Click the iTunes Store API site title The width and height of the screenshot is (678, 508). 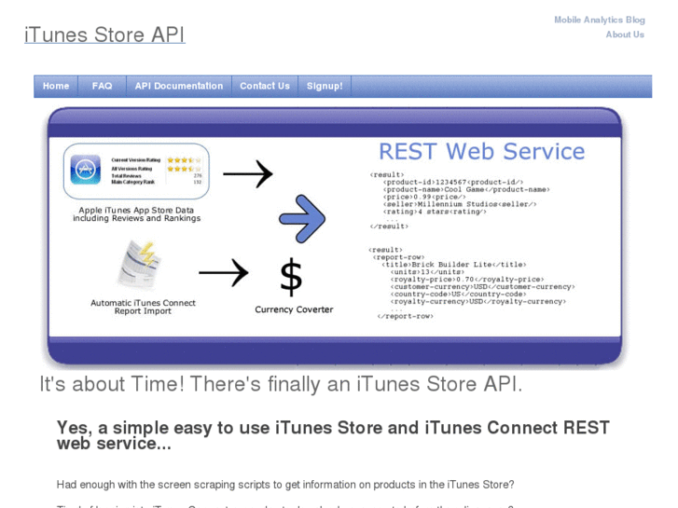pyautogui.click(x=104, y=35)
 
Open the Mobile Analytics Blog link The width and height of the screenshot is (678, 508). pyautogui.click(x=599, y=20)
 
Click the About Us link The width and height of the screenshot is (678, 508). pyautogui.click(x=624, y=34)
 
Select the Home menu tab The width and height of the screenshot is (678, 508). pyautogui.click(x=56, y=86)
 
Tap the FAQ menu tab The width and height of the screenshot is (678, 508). pyautogui.click(x=102, y=86)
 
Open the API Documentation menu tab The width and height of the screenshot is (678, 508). pyautogui.click(x=178, y=86)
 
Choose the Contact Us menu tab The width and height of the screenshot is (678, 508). pyautogui.click(x=264, y=86)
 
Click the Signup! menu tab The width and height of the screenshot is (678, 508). pyautogui.click(x=325, y=86)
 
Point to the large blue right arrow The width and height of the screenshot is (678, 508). pyautogui.click(x=302, y=218)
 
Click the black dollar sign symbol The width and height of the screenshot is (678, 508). pyautogui.click(x=291, y=277)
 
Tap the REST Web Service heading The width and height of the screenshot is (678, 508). pyautogui.click(x=481, y=152)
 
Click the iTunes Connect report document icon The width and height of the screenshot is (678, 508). pyautogui.click(x=140, y=265)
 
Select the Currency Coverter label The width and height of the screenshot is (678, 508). pyautogui.click(x=294, y=309)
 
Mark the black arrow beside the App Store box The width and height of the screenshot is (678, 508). pyautogui.click(x=247, y=173)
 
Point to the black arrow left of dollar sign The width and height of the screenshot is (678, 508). pyautogui.click(x=224, y=273)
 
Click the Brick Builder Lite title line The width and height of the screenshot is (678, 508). pyautogui.click(x=455, y=265)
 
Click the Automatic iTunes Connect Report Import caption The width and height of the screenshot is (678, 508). pyautogui.click(x=143, y=307)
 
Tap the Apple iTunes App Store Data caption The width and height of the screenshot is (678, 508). pyautogui.click(x=138, y=214)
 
